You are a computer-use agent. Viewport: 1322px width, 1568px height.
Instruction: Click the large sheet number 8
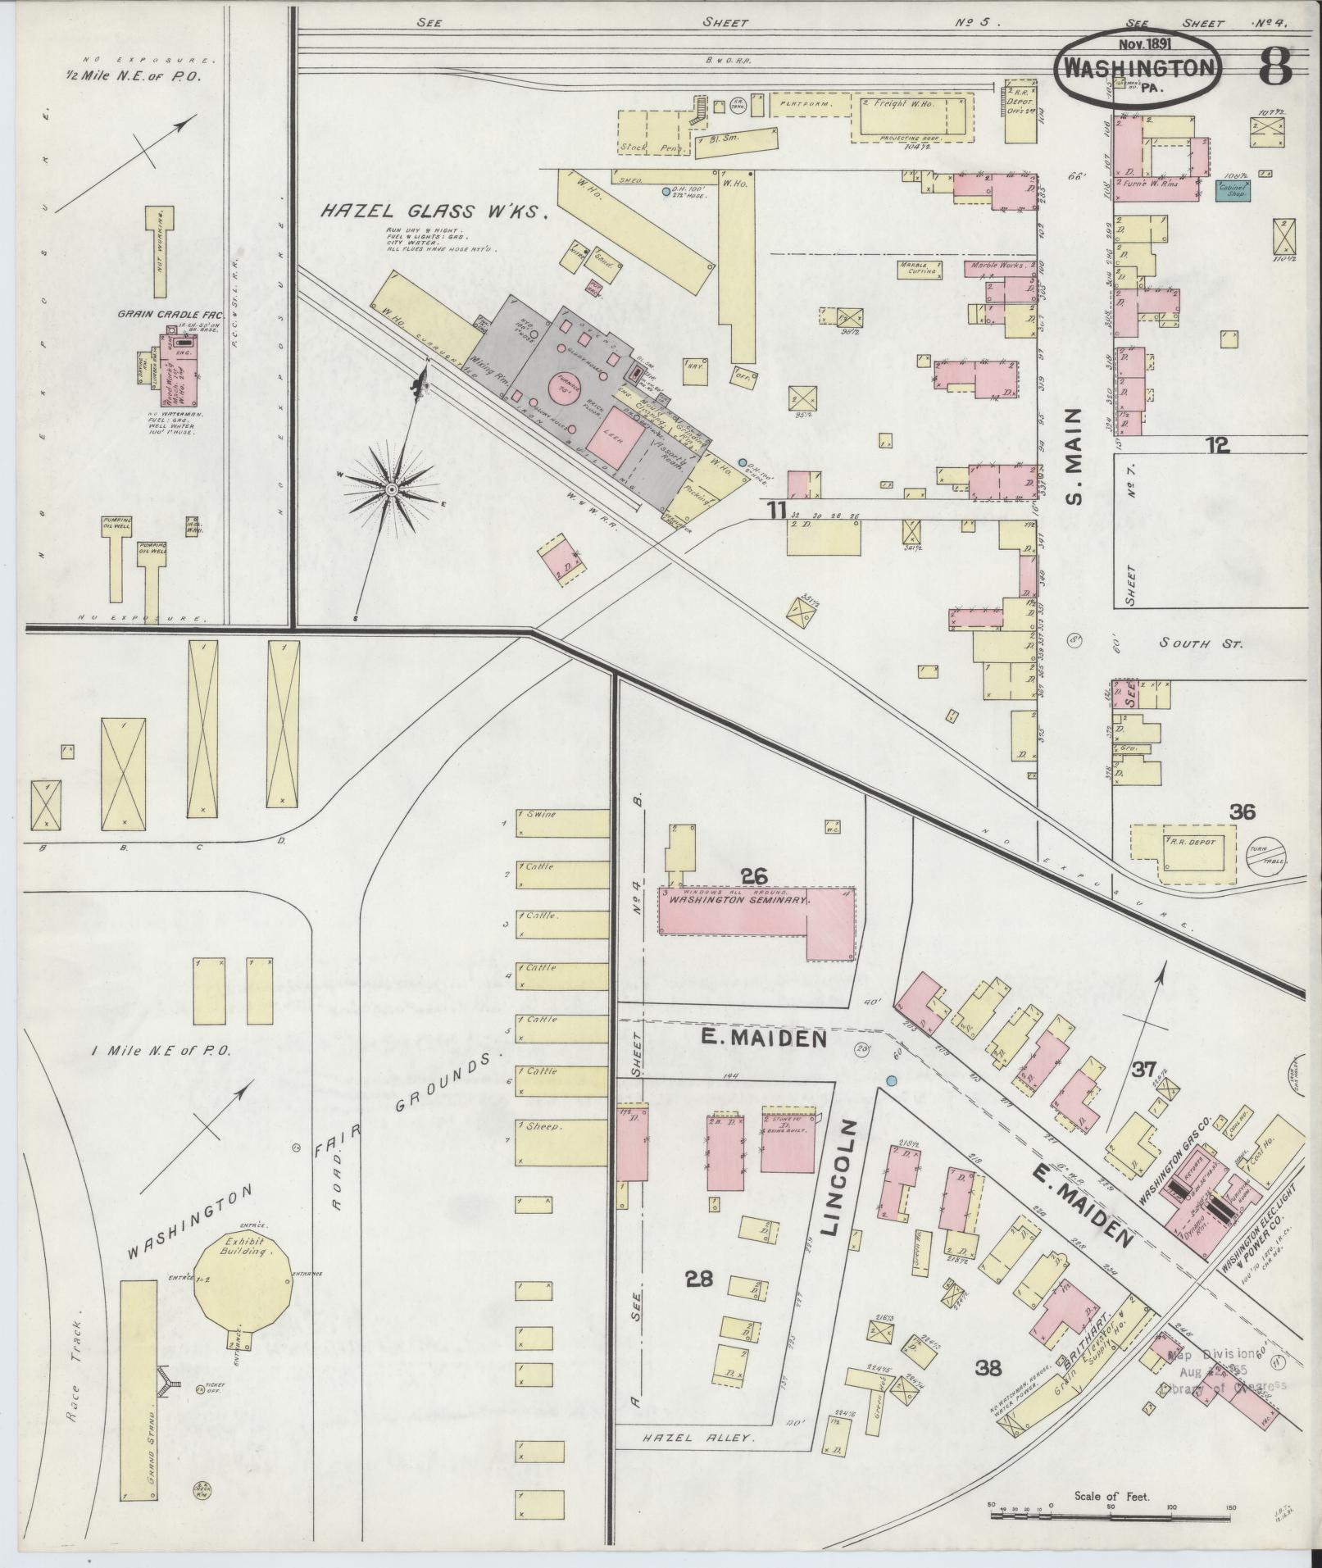coord(1274,66)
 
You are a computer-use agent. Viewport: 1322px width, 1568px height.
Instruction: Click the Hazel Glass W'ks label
coord(433,212)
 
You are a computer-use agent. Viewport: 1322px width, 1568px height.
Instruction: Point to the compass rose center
coord(391,489)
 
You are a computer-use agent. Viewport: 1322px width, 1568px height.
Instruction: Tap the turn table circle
coord(1265,857)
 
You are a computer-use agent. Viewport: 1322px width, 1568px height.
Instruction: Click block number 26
coord(753,876)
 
